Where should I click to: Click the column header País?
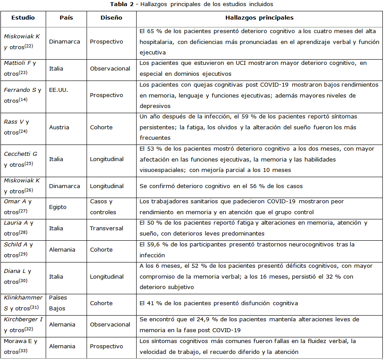click(x=66, y=18)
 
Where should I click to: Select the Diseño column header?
click(x=111, y=18)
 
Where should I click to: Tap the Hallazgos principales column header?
click(x=259, y=18)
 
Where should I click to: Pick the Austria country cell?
click(x=58, y=127)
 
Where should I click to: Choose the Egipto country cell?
click(x=58, y=207)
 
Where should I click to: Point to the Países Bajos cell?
click(x=57, y=303)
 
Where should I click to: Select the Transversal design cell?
click(x=105, y=228)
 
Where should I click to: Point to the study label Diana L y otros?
click(x=17, y=276)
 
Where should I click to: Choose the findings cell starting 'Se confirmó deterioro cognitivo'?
click(x=221, y=186)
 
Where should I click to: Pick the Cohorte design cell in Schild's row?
click(x=101, y=249)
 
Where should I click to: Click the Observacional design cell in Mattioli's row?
click(x=110, y=68)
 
